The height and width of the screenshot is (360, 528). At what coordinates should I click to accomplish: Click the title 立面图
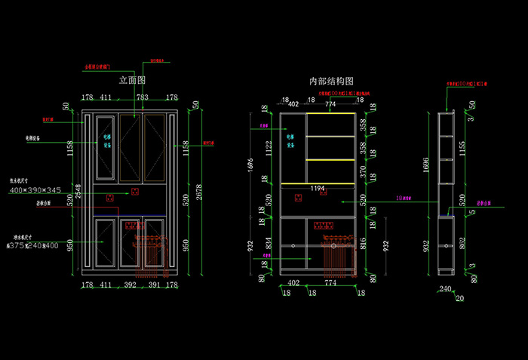click(x=132, y=79)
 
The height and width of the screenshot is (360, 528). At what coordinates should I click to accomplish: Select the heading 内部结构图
click(x=332, y=81)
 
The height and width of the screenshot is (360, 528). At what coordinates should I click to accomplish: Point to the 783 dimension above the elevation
click(x=142, y=97)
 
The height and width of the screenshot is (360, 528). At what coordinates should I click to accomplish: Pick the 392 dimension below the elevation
click(x=130, y=285)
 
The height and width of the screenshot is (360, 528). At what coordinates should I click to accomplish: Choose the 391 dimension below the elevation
click(x=154, y=285)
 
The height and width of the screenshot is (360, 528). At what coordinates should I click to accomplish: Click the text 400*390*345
click(x=35, y=190)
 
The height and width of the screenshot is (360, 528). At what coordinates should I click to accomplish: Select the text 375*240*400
click(x=34, y=245)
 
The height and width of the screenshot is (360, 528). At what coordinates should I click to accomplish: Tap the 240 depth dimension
click(x=444, y=288)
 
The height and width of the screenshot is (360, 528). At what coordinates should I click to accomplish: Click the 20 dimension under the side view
click(x=460, y=298)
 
